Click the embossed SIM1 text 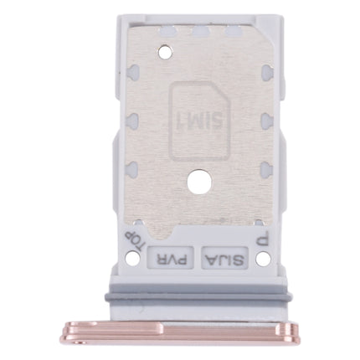197,118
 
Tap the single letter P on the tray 262,239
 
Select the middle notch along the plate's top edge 201,34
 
